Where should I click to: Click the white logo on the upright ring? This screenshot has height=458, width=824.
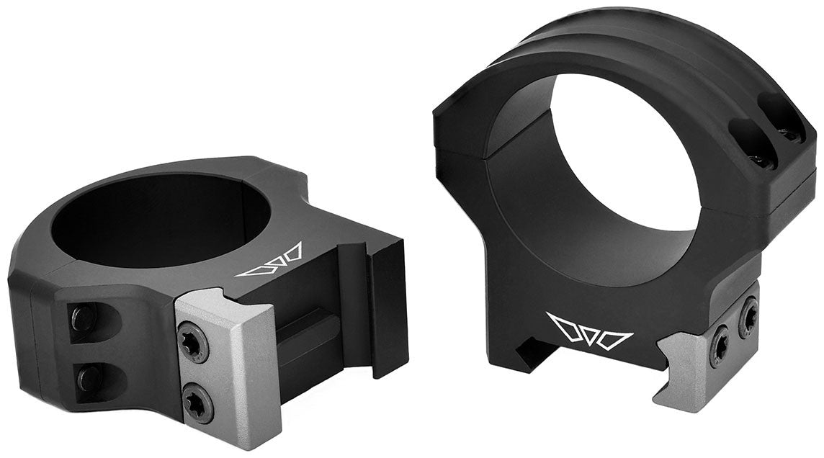tap(589, 328)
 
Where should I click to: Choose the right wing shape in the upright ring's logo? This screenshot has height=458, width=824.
tap(616, 336)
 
